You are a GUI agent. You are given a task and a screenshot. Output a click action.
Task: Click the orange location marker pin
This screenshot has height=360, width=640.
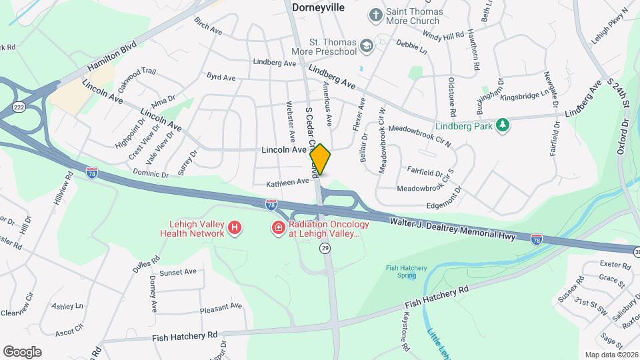(321, 159)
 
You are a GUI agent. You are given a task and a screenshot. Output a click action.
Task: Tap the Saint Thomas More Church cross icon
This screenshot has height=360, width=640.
(377, 15)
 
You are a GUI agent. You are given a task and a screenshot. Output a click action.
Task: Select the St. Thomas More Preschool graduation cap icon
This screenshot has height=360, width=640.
(365, 45)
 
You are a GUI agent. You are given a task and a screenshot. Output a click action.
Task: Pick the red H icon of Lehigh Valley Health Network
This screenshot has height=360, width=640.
(234, 229)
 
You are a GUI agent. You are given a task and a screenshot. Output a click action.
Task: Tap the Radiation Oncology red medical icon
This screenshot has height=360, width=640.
(277, 229)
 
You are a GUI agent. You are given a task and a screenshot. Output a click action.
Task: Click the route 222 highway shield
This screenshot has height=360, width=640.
(19, 107)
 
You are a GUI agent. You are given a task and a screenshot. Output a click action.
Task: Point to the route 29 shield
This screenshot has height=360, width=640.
(325, 248)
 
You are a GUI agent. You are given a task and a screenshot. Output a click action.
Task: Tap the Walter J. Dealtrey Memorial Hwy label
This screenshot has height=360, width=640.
(453, 229)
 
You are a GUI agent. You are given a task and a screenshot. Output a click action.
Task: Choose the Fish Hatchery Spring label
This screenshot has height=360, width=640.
(406, 272)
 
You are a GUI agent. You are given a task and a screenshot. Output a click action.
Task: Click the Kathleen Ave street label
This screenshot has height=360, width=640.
(288, 181)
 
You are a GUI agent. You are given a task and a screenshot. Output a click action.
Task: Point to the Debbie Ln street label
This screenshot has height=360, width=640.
(411, 47)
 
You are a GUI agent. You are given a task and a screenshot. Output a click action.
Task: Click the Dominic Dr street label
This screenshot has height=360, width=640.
(150, 174)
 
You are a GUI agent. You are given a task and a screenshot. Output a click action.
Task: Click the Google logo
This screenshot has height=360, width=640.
(22, 351)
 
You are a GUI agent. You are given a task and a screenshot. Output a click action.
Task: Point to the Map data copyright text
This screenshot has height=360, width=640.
(611, 355)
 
